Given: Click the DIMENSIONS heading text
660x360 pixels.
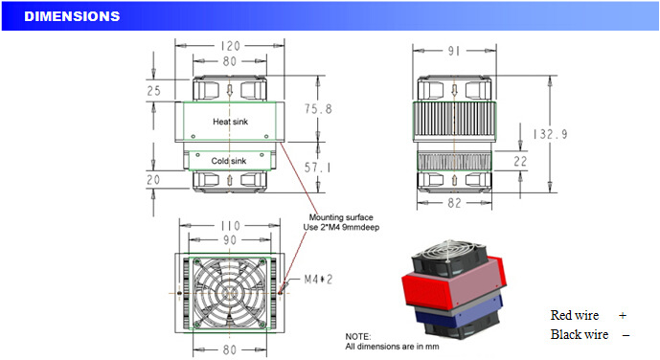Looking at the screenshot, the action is (x=72, y=16).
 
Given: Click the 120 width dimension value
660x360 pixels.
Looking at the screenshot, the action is (x=230, y=46).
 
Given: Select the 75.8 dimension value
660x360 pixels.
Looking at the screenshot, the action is (x=318, y=109).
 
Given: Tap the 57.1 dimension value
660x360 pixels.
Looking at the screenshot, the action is (x=317, y=168).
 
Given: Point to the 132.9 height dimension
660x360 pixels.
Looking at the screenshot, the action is (x=550, y=134).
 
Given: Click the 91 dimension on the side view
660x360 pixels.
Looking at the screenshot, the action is (x=454, y=51).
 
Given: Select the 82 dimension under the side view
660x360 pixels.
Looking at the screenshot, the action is (x=454, y=203).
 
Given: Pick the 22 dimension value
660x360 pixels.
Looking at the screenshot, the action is (x=520, y=161).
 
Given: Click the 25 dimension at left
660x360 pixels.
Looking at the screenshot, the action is (x=153, y=90).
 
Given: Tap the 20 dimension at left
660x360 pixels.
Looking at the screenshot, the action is (x=153, y=180).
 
